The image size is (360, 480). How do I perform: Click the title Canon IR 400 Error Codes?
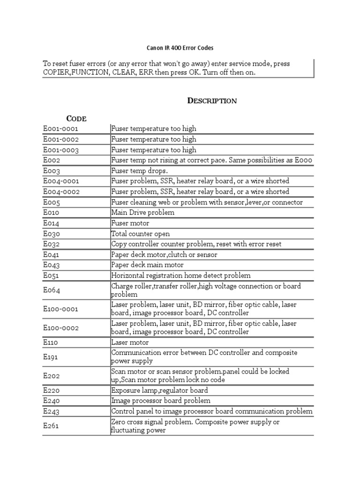point(180,48)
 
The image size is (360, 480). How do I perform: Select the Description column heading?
point(212,101)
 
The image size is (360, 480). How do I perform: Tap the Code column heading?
point(76,118)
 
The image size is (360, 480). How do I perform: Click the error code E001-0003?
point(61,150)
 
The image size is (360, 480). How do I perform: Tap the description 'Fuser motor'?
point(130,224)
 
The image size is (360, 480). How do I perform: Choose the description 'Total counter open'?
point(140,234)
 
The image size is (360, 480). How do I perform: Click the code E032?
point(52,244)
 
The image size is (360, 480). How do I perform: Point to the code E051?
point(52,276)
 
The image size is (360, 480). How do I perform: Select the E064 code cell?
point(52,291)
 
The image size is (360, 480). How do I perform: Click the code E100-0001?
point(61,309)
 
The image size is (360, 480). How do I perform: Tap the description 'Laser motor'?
point(130,343)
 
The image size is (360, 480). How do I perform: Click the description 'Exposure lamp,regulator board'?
point(159,390)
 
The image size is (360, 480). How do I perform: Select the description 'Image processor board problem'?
point(160,401)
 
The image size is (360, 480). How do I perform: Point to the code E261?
point(52,426)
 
